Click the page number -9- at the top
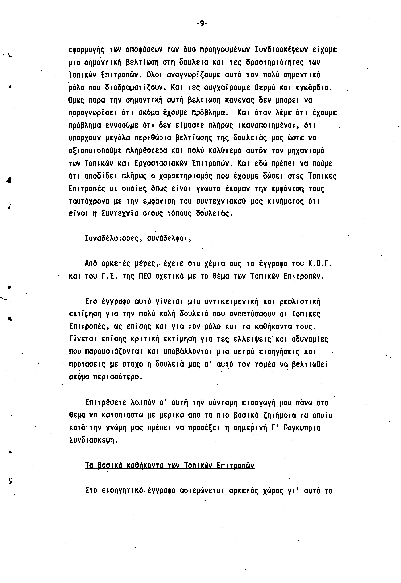tap(202, 24)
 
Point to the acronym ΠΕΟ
tap(147, 276)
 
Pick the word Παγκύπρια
tap(302, 428)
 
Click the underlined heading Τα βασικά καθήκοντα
tap(170, 466)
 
